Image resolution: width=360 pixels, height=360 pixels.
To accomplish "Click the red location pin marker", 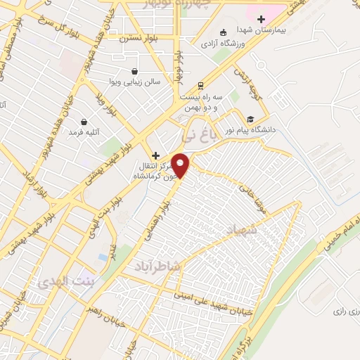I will (x=181, y=166).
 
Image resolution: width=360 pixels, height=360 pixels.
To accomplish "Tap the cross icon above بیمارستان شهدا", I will (x=261, y=20).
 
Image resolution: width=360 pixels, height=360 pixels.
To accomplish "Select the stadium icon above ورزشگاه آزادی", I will (x=223, y=31).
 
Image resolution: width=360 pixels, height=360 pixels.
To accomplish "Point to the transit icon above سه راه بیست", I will (x=200, y=83).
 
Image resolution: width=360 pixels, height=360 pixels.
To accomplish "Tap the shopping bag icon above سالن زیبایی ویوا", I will (x=134, y=71).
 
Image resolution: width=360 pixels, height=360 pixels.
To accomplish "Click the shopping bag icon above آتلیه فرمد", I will (x=84, y=122).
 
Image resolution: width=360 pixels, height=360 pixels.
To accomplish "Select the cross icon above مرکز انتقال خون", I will (x=155, y=155).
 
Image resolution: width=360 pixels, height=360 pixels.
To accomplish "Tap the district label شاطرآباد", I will (x=156, y=266).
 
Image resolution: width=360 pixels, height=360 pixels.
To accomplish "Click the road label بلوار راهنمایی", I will (x=159, y=218).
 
